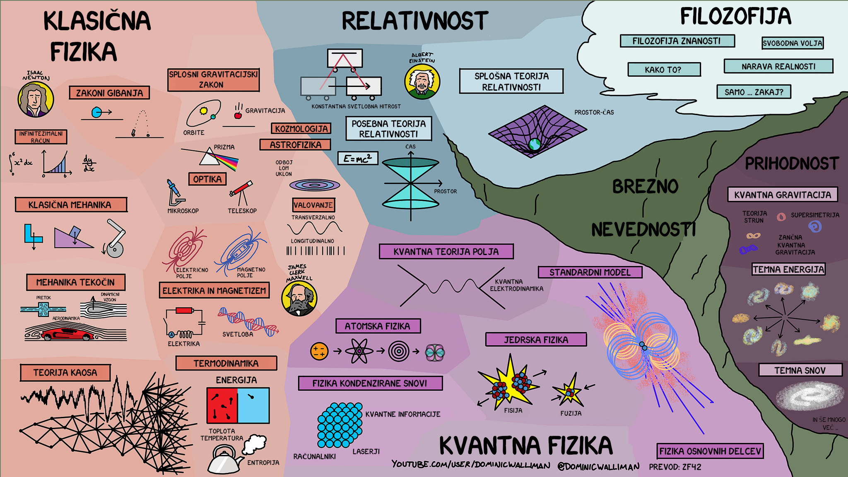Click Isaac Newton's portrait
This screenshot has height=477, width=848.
[x=36, y=99]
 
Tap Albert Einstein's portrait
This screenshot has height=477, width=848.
[x=422, y=82]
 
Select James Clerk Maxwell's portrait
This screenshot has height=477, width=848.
[x=299, y=299]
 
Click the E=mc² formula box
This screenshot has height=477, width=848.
[x=358, y=158]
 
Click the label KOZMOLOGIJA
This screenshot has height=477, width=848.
[x=301, y=129]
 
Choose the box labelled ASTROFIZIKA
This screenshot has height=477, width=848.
[x=295, y=145]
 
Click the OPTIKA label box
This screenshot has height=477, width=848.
[x=207, y=179]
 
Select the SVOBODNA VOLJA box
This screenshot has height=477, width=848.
[x=793, y=43]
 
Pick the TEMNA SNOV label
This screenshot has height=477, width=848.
[x=800, y=370]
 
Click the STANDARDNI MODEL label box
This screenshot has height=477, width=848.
[x=590, y=272]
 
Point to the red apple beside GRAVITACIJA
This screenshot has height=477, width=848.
[x=238, y=115]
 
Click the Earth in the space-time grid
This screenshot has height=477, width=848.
[x=535, y=144]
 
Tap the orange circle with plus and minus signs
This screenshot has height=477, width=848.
[x=319, y=352]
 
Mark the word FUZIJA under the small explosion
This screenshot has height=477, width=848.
[x=571, y=413]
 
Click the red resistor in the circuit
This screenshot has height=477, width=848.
[x=184, y=311]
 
